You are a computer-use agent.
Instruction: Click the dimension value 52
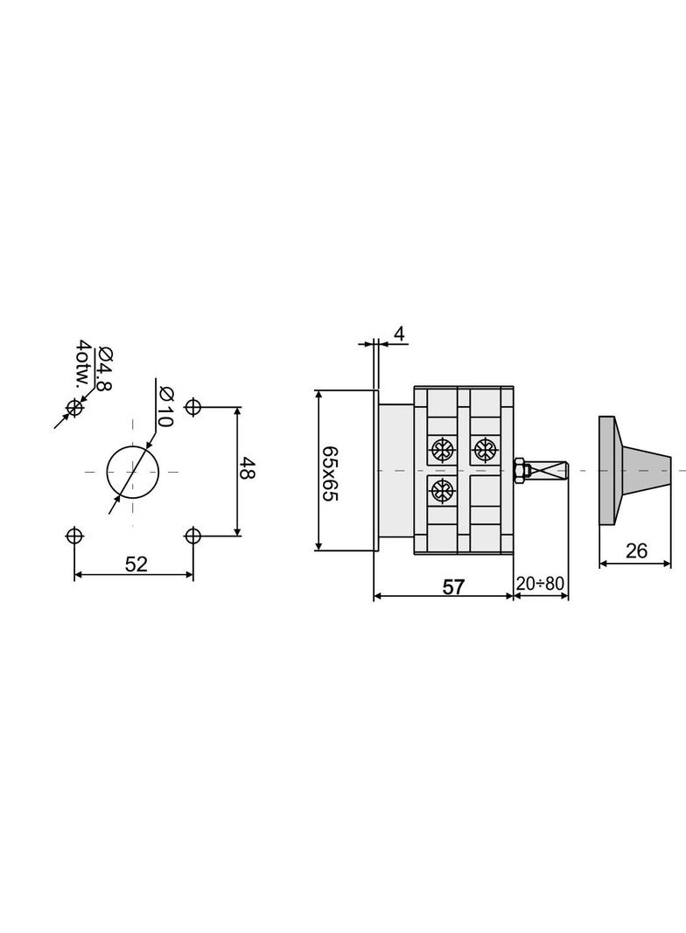point(136,564)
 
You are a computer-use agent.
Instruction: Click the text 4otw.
point(85,363)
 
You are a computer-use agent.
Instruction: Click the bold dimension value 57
point(453,587)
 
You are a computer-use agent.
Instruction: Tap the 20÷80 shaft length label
point(540,583)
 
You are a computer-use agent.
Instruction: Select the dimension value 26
point(636,551)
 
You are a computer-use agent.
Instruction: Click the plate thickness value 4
point(399,333)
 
